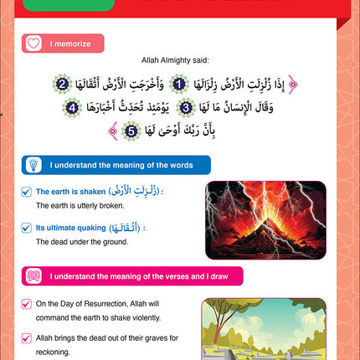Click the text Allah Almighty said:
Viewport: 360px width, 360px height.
[181, 61]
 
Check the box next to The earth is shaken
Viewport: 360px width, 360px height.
[28, 191]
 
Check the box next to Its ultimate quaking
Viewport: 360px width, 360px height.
[28, 228]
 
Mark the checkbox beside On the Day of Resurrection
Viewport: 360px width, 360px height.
[28, 302]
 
